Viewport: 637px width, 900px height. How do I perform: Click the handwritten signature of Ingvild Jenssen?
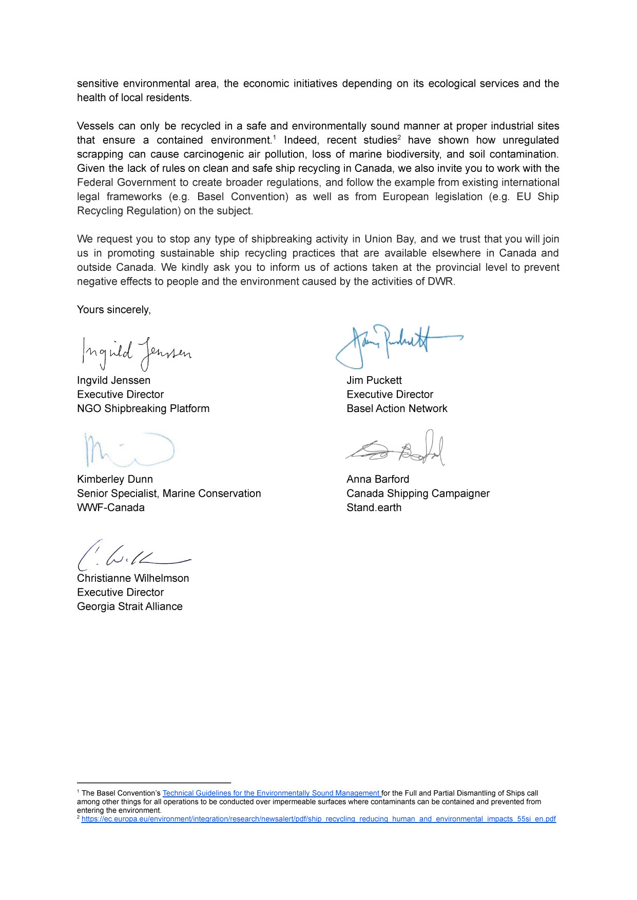(x=136, y=353)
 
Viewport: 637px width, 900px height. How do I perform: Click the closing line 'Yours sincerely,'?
(x=114, y=310)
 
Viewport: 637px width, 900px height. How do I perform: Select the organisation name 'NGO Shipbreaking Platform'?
(x=143, y=409)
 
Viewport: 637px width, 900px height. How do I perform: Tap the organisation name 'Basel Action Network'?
(x=397, y=409)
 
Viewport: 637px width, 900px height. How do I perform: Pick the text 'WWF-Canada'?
(x=111, y=508)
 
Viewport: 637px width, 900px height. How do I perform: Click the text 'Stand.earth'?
(x=374, y=508)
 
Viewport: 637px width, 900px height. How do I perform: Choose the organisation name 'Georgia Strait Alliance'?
(x=130, y=606)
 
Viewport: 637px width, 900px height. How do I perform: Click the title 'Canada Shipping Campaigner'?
(x=418, y=494)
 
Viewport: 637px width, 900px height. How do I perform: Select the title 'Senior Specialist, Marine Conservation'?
(x=169, y=494)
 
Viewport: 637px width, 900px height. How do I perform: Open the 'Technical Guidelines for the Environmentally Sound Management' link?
(x=271, y=793)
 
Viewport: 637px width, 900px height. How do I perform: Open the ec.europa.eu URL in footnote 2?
(x=318, y=819)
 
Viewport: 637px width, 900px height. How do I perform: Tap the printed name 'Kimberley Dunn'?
(x=115, y=479)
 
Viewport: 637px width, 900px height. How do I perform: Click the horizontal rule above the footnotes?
(x=154, y=783)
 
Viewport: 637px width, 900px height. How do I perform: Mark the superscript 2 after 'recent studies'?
(x=399, y=137)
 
